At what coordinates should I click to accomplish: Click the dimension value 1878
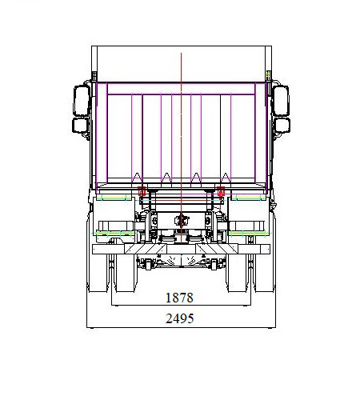point(179,298)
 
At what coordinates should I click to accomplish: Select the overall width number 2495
point(179,318)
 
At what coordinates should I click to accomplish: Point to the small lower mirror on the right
point(282,126)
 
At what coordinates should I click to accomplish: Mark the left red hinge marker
point(142,192)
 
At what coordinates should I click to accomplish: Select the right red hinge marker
point(218,192)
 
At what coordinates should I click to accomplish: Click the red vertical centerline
point(182,120)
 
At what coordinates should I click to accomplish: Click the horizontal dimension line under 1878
point(180,306)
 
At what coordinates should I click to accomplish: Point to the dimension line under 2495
point(180,326)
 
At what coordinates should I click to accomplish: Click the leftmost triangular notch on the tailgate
point(137,177)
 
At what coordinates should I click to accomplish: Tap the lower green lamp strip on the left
point(114,233)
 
